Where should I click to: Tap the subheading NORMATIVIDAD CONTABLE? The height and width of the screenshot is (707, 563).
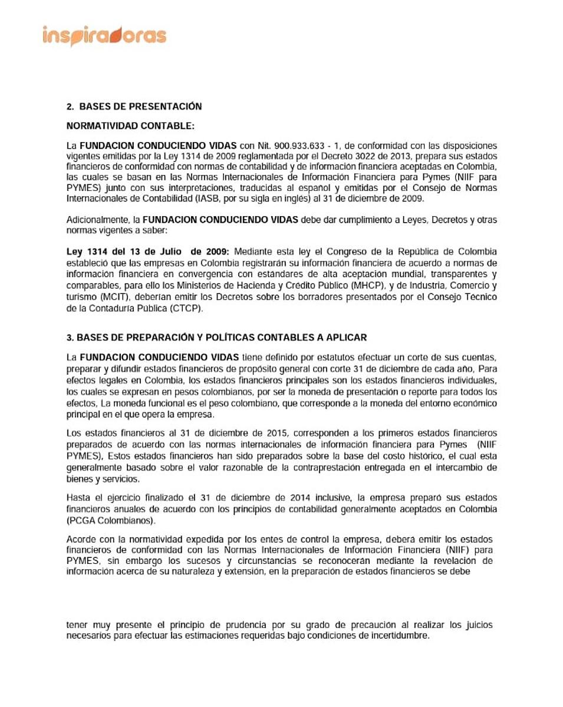[x=130, y=125]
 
